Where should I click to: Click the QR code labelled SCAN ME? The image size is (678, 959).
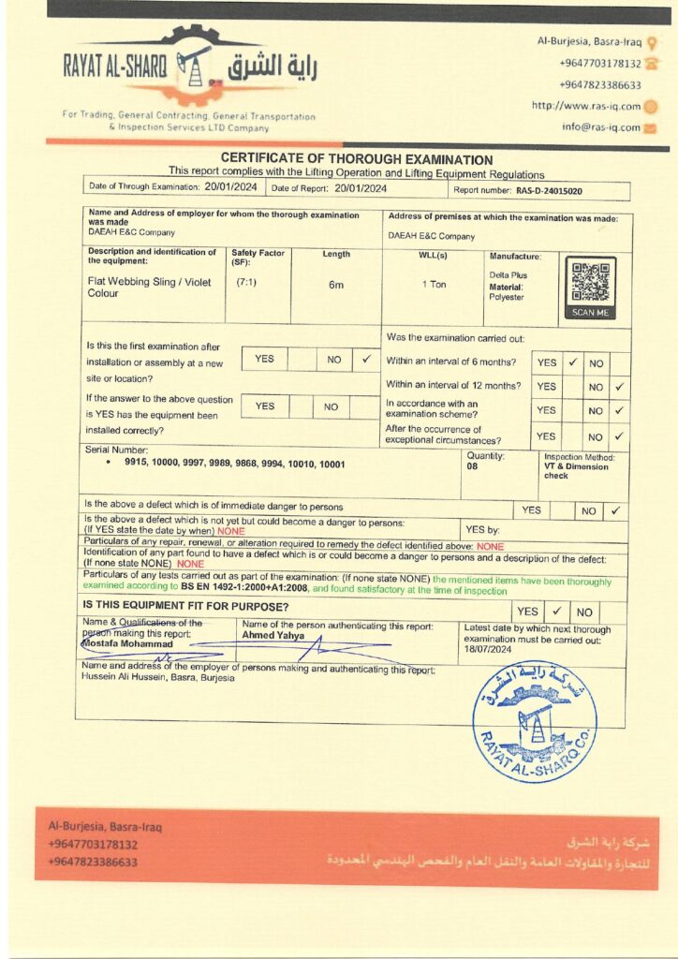pos(591,284)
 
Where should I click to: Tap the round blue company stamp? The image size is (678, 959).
pos(534,723)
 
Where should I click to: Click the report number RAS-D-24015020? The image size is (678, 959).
pos(550,190)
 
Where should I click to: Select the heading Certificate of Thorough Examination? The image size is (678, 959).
pos(356,160)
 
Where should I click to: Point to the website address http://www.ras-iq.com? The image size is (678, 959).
pos(586,106)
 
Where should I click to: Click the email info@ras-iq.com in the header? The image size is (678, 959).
pos(601,127)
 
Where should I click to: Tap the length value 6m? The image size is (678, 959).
pos(335,284)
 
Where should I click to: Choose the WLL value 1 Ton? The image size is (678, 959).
pos(434,284)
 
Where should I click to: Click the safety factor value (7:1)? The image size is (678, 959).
pos(247,282)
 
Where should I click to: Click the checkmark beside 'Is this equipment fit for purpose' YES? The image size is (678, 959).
pos(555,611)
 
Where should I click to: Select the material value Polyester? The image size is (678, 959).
pos(507,297)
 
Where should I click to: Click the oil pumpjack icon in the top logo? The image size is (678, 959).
pos(194,65)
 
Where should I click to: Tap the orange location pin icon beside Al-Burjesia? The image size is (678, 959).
pos(653,41)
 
